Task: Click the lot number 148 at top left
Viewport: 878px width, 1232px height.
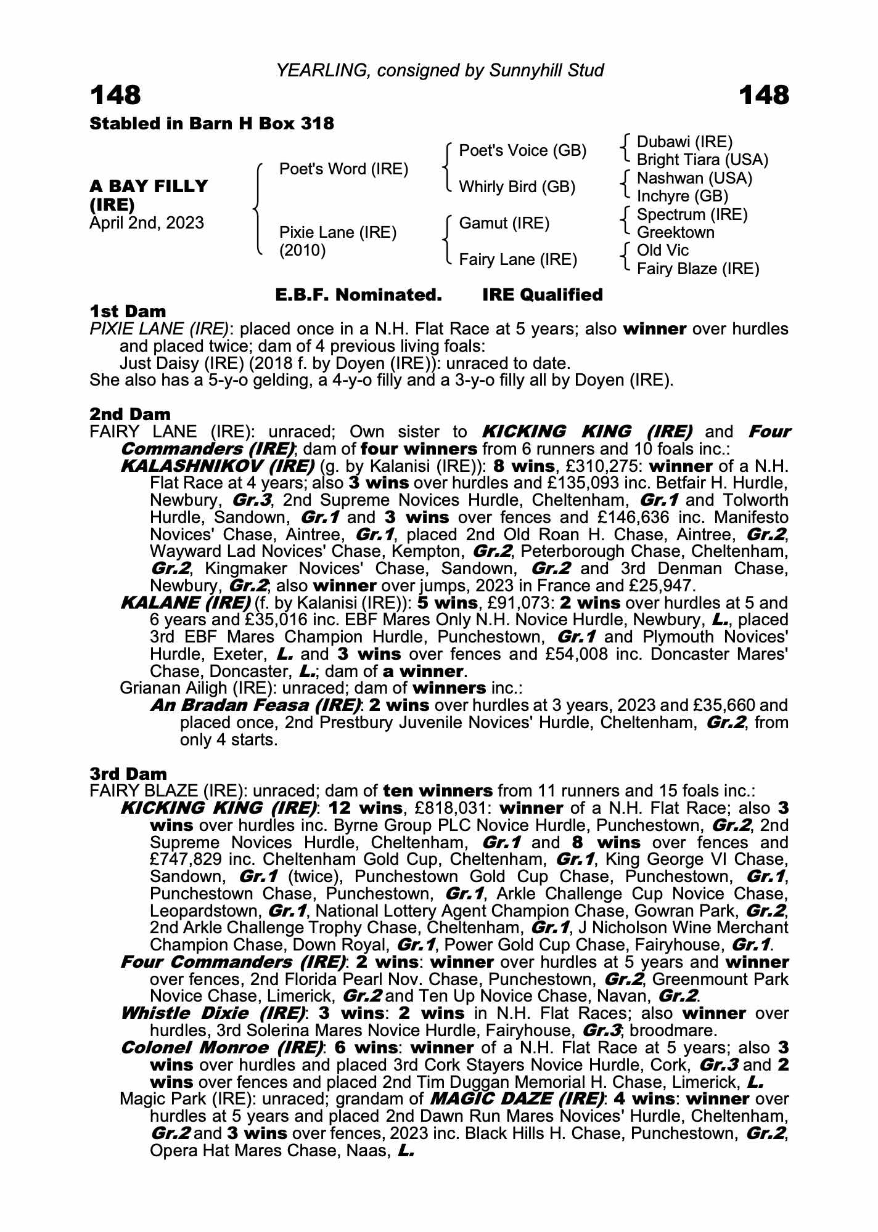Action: coord(115,95)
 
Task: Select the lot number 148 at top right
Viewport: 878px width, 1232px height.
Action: coord(763,95)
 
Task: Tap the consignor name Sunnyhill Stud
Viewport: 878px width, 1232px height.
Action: coord(546,71)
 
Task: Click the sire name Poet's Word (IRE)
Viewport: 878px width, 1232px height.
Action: coord(343,169)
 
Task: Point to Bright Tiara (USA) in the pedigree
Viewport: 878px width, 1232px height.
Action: coord(702,160)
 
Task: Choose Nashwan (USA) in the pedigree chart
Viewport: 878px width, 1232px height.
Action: coord(694,179)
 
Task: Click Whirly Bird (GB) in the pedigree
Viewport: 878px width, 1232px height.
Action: coord(517,187)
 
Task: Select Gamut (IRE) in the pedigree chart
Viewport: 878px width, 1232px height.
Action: coord(504,223)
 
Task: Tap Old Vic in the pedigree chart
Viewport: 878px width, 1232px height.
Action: coord(662,251)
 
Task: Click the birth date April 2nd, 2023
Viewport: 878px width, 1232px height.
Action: coord(147,223)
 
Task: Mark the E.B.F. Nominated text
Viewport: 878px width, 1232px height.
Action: coord(358,295)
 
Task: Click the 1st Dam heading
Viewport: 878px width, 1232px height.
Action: coord(128,312)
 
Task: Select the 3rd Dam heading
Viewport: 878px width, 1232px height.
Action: coord(128,774)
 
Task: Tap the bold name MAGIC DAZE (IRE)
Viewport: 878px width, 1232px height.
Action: coord(517,1099)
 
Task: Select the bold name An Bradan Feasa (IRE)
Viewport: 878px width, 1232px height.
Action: coord(255,705)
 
